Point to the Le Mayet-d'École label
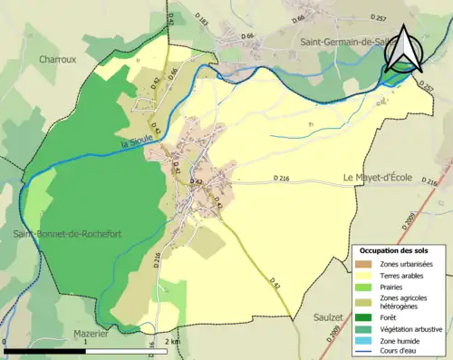(378, 177)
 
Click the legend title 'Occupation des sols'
(394, 250)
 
